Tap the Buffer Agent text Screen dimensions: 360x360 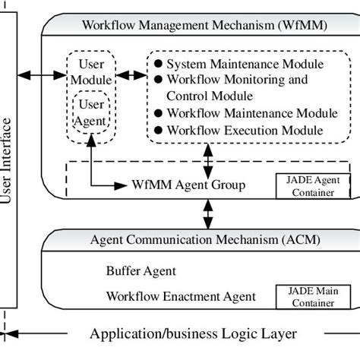click(x=141, y=270)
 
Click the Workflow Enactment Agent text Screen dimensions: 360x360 click(x=180, y=295)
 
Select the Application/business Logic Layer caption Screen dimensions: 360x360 click(x=194, y=333)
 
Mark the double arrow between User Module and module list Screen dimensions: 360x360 click(x=131, y=74)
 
